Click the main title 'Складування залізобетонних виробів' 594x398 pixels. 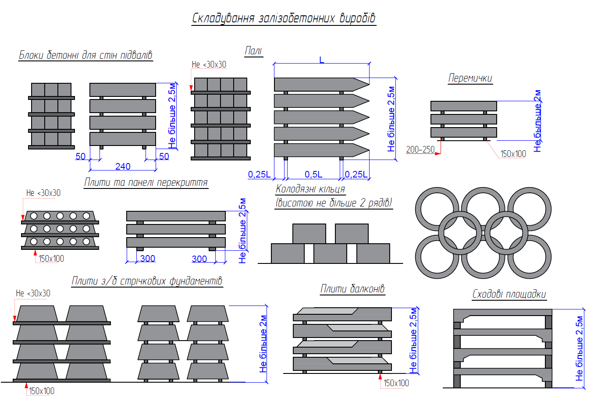tap(284, 18)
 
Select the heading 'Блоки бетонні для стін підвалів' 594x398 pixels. tap(85, 55)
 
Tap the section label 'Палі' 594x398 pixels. tap(253, 50)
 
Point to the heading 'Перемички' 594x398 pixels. tap(470, 78)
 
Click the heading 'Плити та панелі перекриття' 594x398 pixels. tap(146, 182)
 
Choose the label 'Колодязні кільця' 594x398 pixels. tap(310, 189)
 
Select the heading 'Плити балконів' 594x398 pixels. tap(352, 288)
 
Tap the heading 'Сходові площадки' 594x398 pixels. tap(509, 294)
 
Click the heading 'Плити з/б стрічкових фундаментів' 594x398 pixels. tap(147, 281)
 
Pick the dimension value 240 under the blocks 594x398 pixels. tap(123, 166)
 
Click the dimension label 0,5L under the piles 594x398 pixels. tap(313, 174)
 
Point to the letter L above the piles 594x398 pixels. tap(322, 60)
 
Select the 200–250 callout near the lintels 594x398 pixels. tap(420, 149)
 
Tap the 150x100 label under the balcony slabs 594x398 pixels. tap(396, 383)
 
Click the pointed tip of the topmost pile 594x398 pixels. tap(369, 84)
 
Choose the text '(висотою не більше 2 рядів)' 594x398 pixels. tap(334, 203)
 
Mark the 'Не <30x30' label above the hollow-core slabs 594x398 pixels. tap(43, 193)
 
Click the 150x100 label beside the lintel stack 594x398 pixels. tap(513, 154)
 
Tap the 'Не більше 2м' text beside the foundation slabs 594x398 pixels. tap(263, 344)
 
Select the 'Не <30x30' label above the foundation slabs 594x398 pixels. tap(33, 293)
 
